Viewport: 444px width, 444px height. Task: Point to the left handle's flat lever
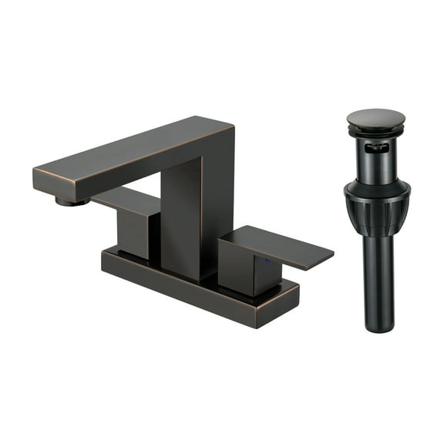coord(127,199)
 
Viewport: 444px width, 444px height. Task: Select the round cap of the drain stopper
coord(376,118)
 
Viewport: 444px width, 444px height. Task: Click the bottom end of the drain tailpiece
coord(378,327)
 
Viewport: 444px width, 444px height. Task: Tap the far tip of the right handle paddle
coord(328,254)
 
